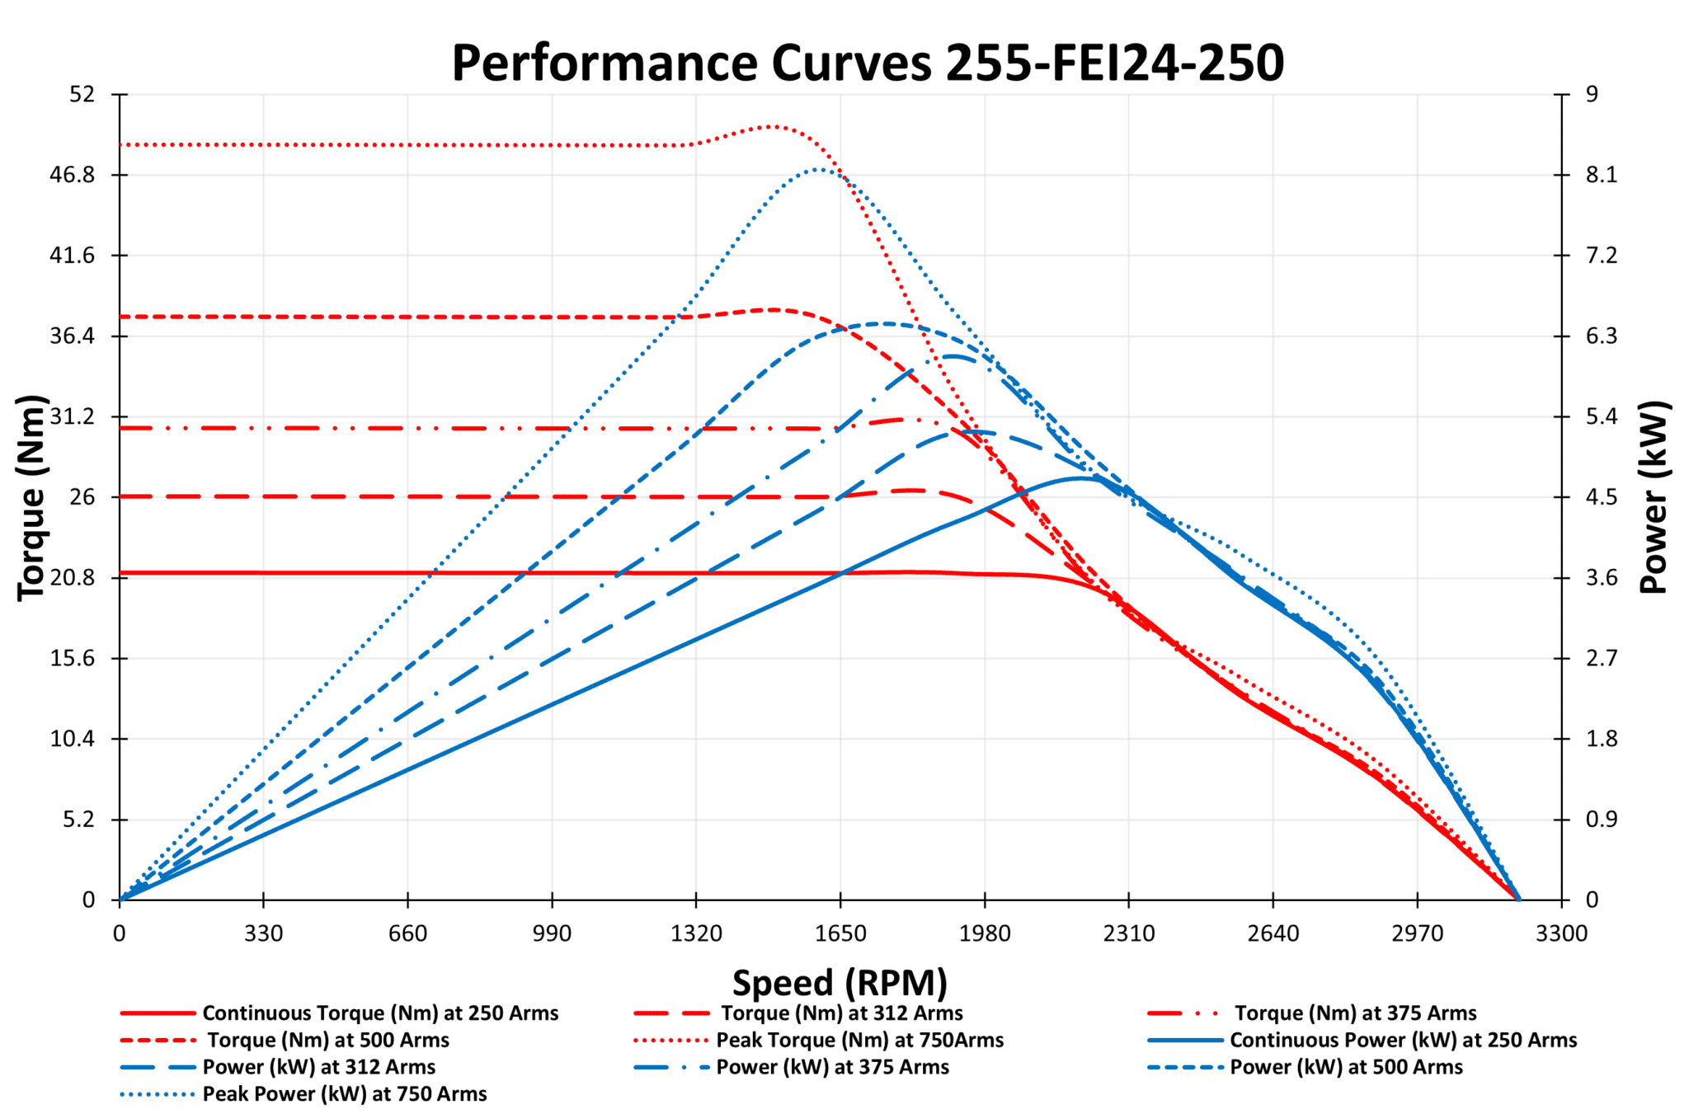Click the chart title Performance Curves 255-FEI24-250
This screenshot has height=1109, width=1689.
(868, 63)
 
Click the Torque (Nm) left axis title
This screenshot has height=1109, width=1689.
(31, 497)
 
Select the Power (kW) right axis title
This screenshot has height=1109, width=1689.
(1654, 497)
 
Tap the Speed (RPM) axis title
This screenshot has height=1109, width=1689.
(840, 983)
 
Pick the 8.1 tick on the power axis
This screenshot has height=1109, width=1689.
(1602, 175)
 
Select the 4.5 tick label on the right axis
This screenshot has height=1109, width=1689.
(1602, 497)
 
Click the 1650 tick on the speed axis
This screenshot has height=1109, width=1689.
(840, 934)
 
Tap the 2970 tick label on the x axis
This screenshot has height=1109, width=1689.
(1417, 934)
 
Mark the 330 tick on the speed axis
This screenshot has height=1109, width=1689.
(264, 934)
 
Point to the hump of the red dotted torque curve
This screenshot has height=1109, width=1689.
(772, 126)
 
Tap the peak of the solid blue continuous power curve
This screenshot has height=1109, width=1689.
(1080, 477)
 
